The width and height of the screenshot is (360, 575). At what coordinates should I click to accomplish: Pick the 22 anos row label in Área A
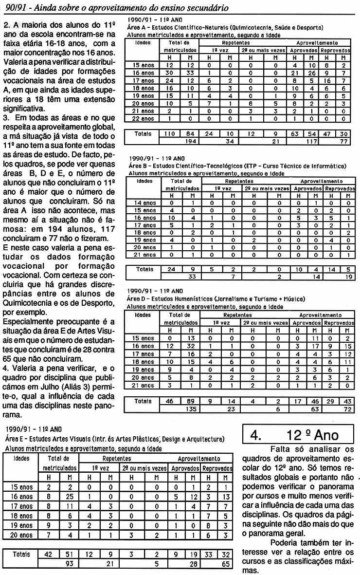(144, 118)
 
